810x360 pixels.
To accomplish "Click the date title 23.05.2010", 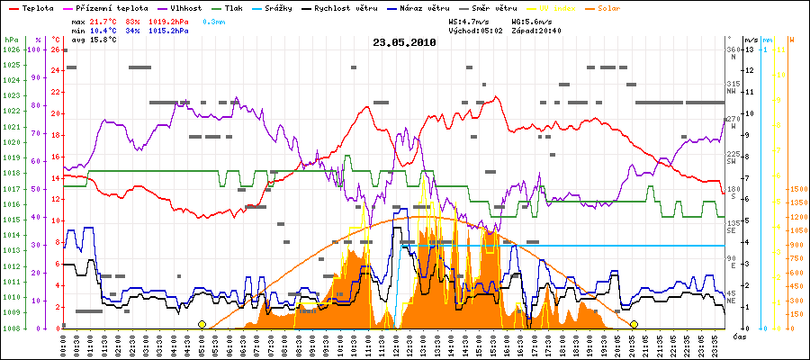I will pos(405,41).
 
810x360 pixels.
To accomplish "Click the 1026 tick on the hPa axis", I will pos(10,50).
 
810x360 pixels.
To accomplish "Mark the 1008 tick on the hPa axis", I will pos(10,328).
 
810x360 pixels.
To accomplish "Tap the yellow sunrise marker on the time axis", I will pos(202,324).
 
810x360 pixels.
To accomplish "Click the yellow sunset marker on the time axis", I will pos(634,324).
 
